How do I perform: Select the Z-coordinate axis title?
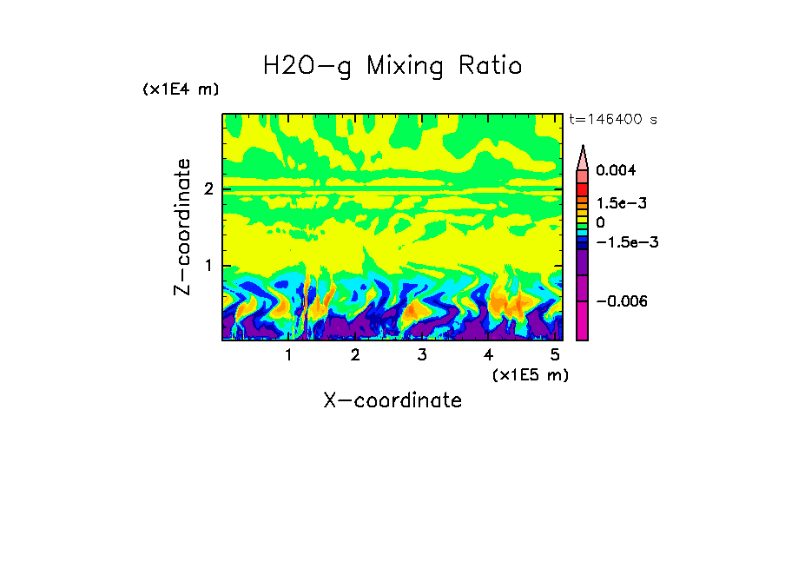[x=183, y=227]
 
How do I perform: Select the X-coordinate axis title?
[x=392, y=400]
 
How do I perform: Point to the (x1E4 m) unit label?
[x=181, y=89]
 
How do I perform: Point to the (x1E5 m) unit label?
[x=530, y=374]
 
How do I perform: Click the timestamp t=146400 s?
[x=612, y=120]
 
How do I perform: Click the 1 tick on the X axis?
[x=288, y=355]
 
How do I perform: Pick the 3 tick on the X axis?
[x=422, y=355]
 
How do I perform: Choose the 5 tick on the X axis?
[x=555, y=355]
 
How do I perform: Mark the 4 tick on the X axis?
[x=488, y=355]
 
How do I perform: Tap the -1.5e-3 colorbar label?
[x=621, y=242]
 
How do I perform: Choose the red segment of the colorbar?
[x=583, y=189]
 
